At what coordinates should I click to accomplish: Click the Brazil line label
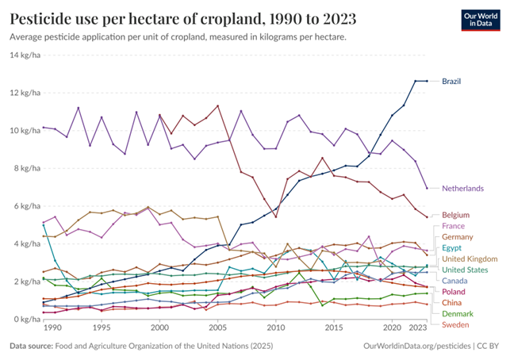tap(451, 82)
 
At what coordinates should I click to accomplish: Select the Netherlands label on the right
tap(462, 189)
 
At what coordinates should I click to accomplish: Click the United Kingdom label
tap(469, 259)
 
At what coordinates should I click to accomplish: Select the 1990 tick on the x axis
tap(53, 327)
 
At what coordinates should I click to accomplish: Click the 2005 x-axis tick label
tap(218, 327)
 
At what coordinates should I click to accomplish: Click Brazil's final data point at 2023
tap(428, 81)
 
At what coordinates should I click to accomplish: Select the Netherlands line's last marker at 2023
tap(428, 188)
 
